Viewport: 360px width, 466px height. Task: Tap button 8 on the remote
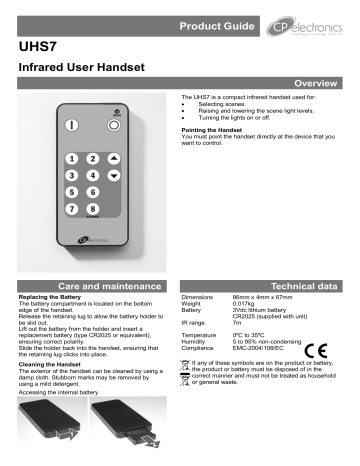pyautogui.click(x=93, y=209)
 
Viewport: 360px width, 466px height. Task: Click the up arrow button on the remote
pyautogui.click(x=114, y=159)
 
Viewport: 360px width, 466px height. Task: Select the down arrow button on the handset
pyautogui.click(x=114, y=176)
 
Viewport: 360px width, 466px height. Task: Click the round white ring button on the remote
pyautogui.click(x=114, y=126)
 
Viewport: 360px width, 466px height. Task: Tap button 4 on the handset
pyautogui.click(x=93, y=176)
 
